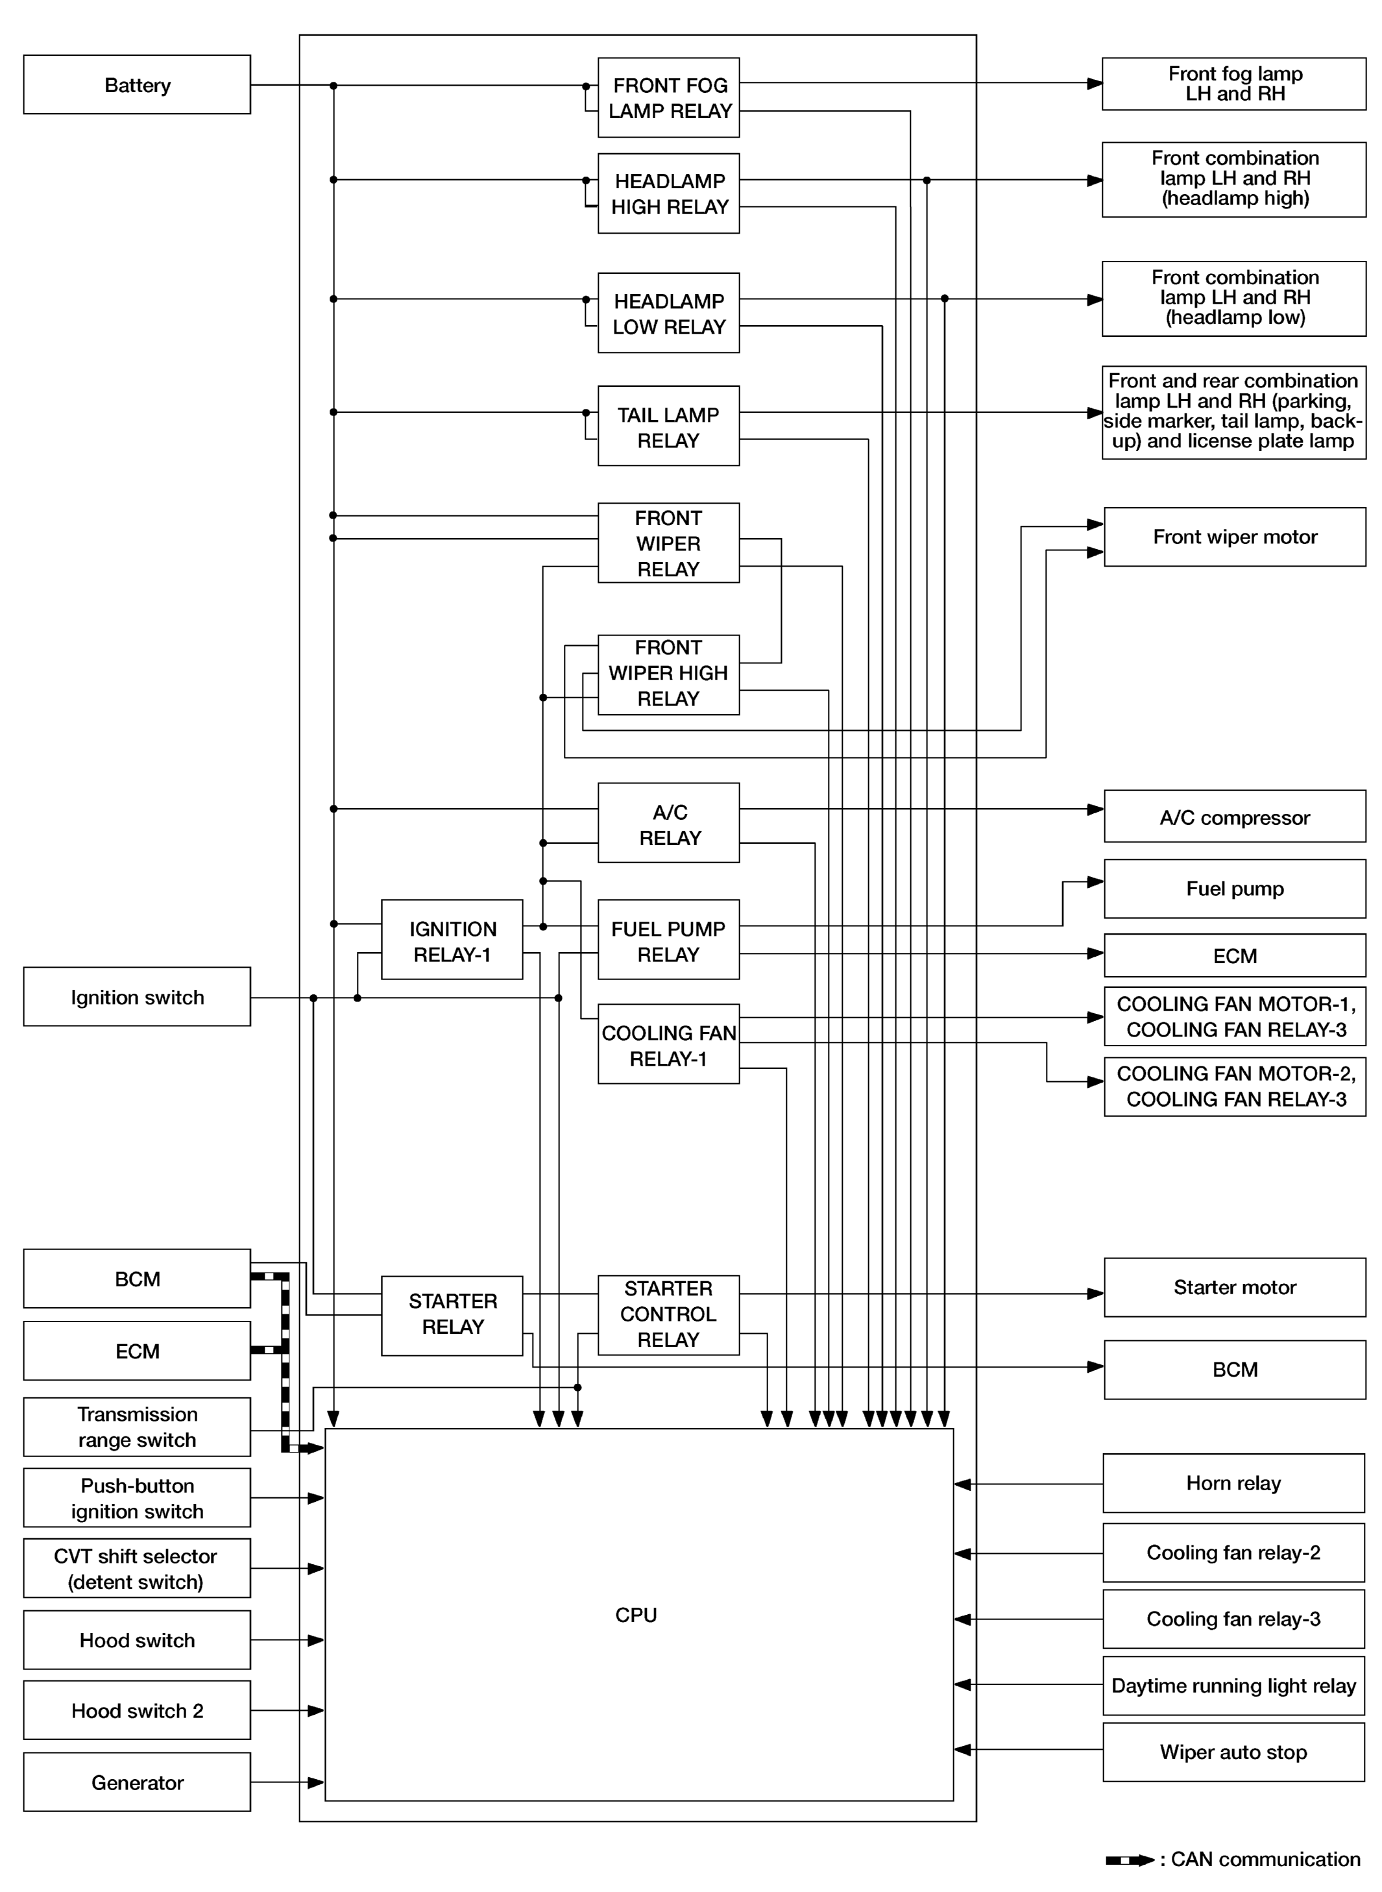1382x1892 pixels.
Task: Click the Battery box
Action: click(136, 84)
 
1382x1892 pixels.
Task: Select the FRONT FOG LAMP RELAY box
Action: click(668, 97)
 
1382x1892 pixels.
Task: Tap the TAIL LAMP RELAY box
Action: click(668, 426)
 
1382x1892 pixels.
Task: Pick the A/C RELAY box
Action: click(668, 824)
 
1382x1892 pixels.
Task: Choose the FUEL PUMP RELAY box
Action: click(668, 940)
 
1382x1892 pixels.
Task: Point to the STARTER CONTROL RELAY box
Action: click(668, 1314)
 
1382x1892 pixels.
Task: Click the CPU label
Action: click(636, 1615)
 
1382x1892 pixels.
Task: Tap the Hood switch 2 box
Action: click(136, 1710)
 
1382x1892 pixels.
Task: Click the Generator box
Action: click(136, 1782)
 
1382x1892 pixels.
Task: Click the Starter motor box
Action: click(1234, 1287)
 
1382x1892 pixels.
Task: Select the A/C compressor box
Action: click(1234, 817)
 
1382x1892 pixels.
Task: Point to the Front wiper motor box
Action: click(1234, 536)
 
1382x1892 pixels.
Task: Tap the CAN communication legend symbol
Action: click(1130, 1860)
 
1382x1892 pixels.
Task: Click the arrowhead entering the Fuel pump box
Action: click(1095, 882)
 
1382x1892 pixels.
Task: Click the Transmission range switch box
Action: click(136, 1427)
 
